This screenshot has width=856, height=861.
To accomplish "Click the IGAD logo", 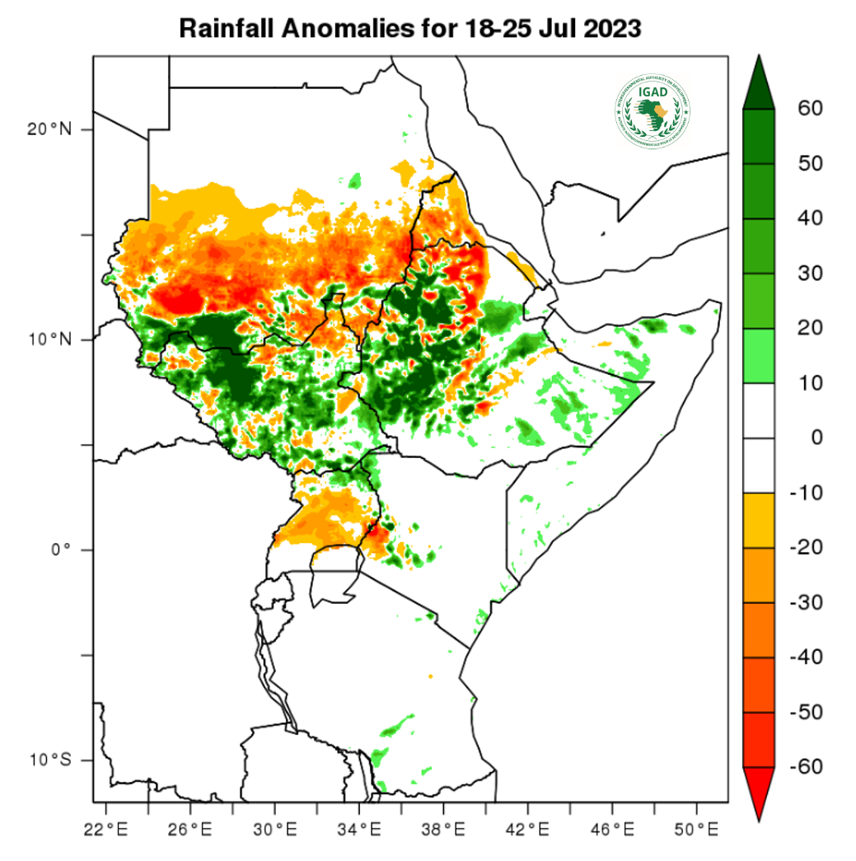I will [652, 111].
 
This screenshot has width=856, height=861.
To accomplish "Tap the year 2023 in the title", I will [610, 29].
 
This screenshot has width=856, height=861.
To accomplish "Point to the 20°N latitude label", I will [49, 129].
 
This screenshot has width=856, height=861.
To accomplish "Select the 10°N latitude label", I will [49, 339].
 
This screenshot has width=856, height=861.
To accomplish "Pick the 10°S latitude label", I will [49, 760].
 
